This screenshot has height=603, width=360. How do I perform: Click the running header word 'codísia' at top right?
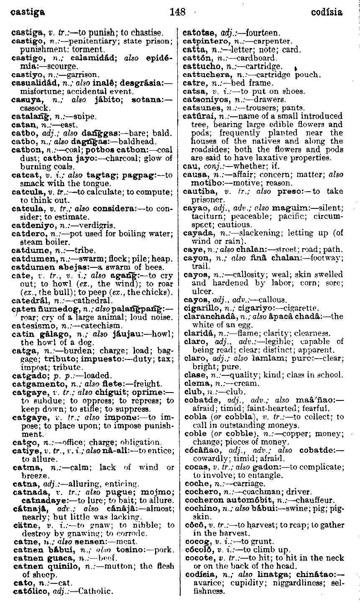tap(327, 12)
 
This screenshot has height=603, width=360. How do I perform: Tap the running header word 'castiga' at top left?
tap(28, 12)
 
